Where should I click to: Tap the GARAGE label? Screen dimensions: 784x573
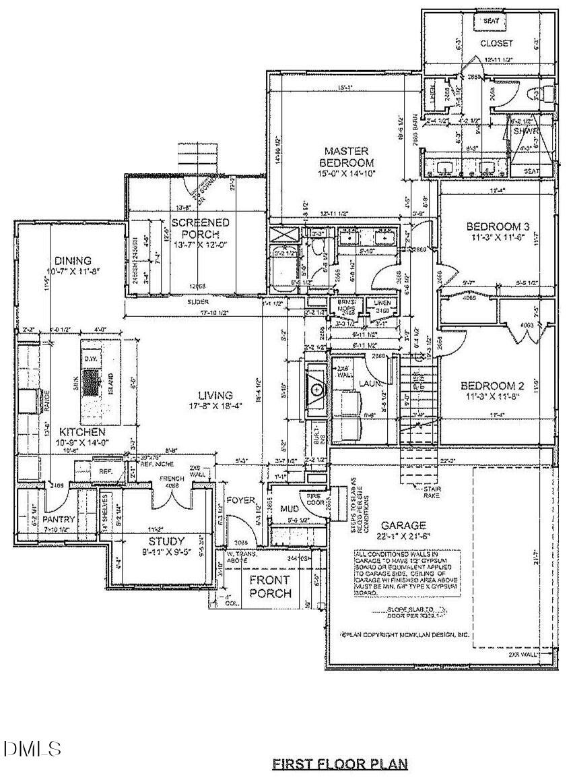pos(403,525)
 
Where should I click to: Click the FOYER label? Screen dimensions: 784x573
pos(240,501)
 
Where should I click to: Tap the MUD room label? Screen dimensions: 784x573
pos(290,509)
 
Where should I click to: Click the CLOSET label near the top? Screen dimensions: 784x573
pos(496,43)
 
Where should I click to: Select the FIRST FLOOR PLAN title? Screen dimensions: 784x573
pos(340,764)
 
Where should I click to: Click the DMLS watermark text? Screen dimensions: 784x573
pos(32,748)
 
